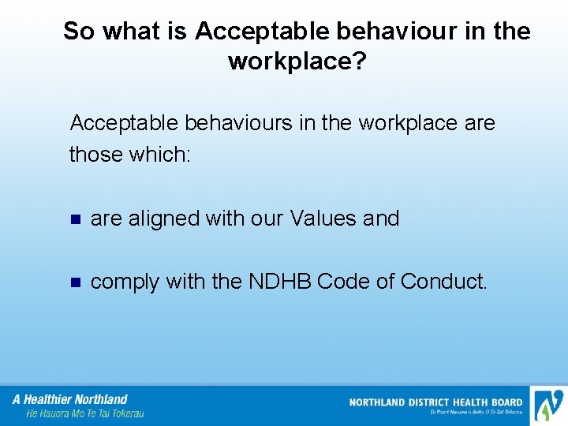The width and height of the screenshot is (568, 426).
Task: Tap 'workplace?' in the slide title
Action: click(x=297, y=61)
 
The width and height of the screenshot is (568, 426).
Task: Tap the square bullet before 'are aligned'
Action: click(x=76, y=219)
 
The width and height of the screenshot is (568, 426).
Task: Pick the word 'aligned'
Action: click(x=163, y=219)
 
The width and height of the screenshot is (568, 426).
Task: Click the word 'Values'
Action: click(x=324, y=219)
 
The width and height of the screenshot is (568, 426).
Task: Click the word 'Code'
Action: click(x=346, y=282)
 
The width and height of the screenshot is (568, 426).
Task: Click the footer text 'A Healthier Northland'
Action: click(x=70, y=399)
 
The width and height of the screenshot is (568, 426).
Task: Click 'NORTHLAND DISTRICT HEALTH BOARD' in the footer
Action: click(x=435, y=402)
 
